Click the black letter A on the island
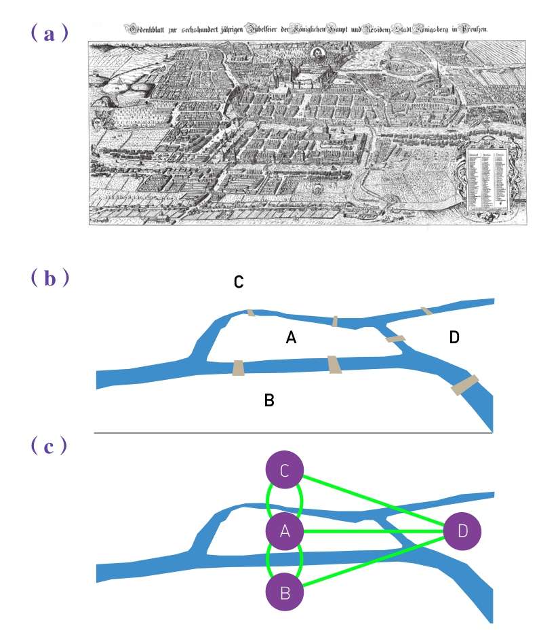point(291,337)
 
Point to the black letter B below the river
point(269,401)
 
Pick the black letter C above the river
point(239,282)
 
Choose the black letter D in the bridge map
point(455,337)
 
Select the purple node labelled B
point(285,593)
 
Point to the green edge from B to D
point(373,562)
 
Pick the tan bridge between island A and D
point(395,338)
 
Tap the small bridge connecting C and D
point(426,311)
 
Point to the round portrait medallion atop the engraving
point(316,54)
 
